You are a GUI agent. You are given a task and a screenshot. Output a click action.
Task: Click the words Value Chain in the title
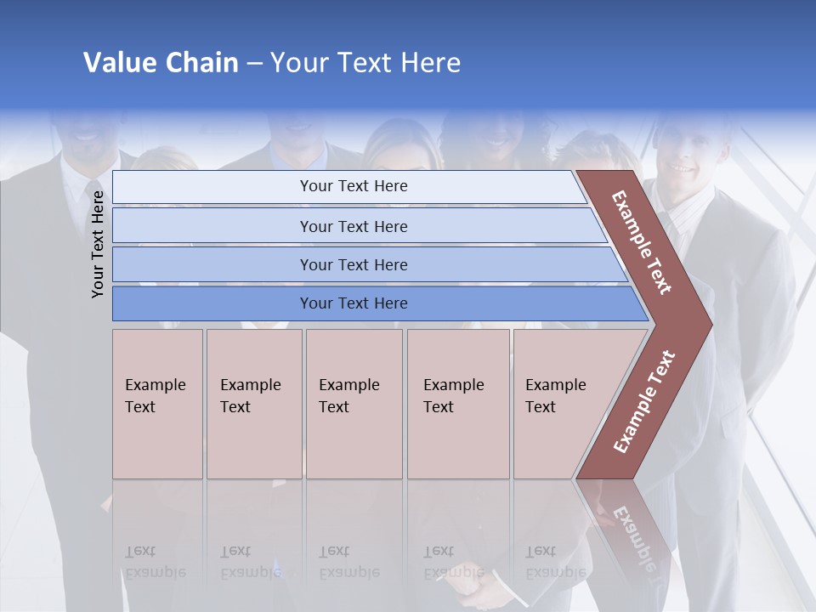(161, 63)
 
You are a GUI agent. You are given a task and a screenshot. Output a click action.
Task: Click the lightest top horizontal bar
(348, 186)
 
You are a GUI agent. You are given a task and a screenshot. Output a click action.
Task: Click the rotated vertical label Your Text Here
(98, 244)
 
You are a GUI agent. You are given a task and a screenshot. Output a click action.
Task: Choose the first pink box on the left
(157, 404)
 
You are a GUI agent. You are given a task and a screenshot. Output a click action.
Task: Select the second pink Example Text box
(254, 404)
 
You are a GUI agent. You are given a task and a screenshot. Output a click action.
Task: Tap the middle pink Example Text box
(354, 404)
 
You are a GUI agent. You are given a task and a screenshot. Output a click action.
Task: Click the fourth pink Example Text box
(458, 404)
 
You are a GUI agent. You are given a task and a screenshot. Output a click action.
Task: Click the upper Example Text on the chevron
(642, 242)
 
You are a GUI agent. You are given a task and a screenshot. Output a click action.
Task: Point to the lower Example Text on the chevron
(644, 401)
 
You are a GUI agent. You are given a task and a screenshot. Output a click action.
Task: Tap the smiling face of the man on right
(685, 161)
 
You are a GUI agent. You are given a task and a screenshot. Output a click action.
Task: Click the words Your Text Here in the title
(365, 63)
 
